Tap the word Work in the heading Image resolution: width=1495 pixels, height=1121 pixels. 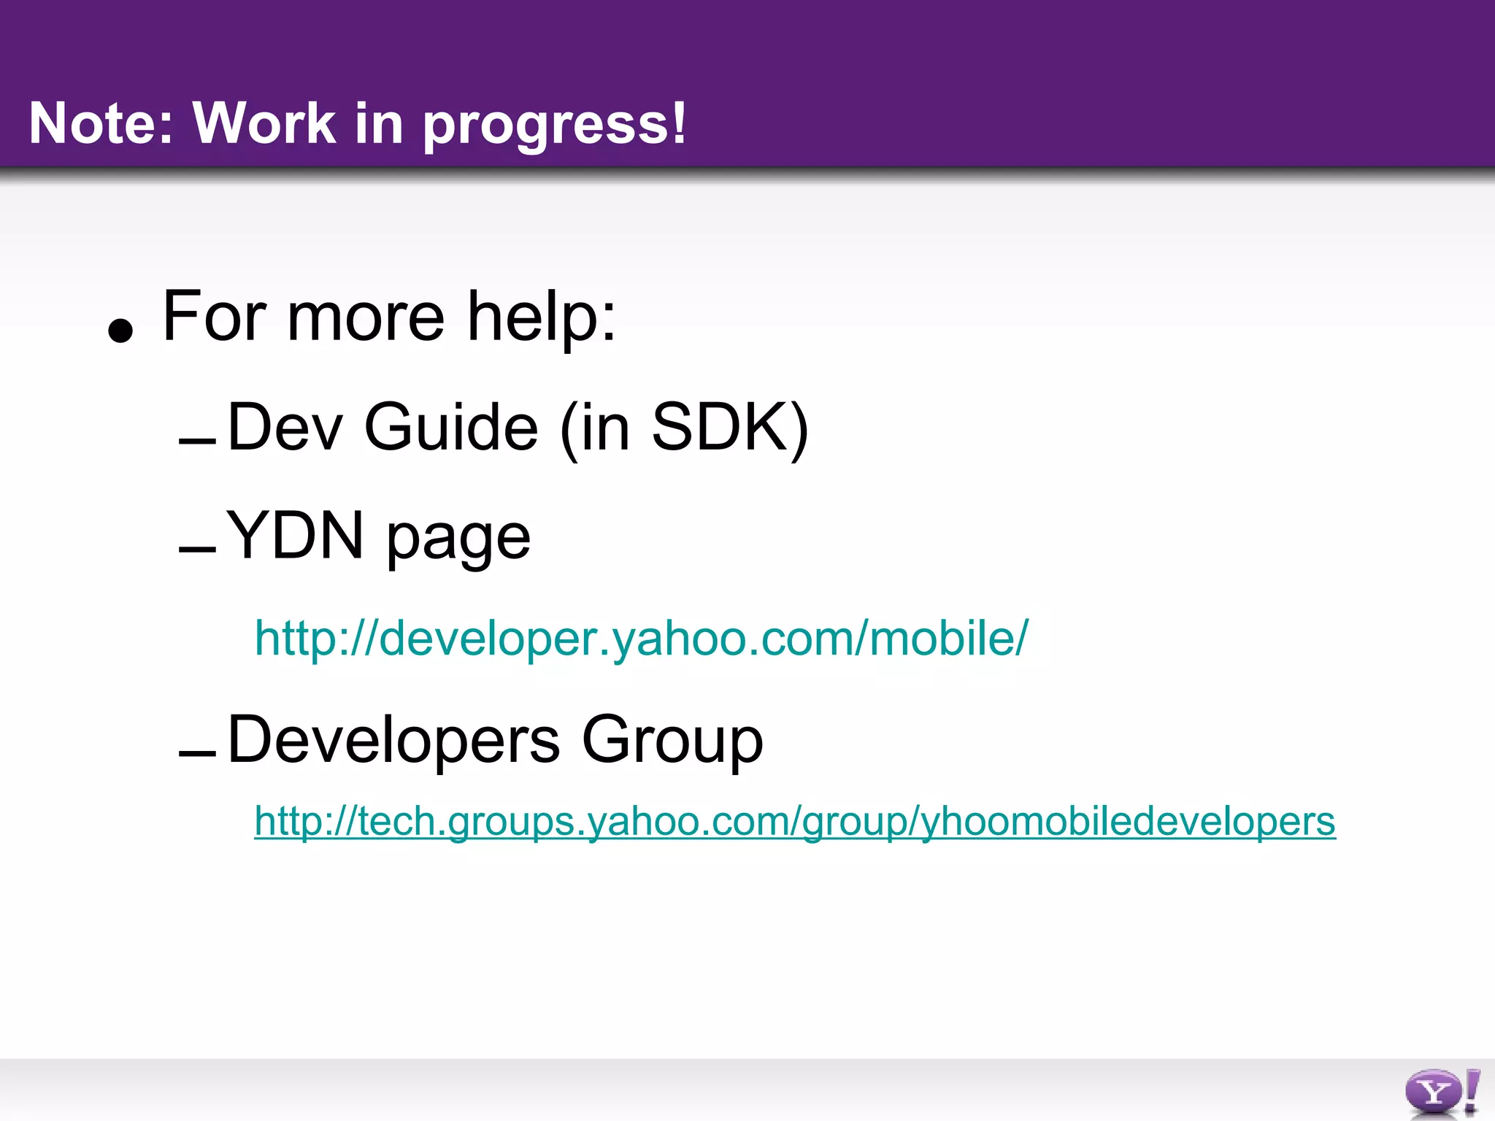pyautogui.click(x=264, y=123)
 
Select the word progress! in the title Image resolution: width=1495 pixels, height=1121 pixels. pyautogui.click(x=555, y=124)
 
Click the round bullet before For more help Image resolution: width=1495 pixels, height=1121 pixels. pyautogui.click(x=120, y=330)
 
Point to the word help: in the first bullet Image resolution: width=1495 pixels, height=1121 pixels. pyautogui.click(x=542, y=317)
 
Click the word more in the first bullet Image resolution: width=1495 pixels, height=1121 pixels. pyautogui.click(x=366, y=318)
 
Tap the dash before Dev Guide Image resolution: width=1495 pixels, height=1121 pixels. pyautogui.click(x=197, y=441)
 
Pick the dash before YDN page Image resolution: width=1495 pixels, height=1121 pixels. pyautogui.click(x=197, y=550)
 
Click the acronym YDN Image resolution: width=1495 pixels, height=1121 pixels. pyautogui.click(x=295, y=536)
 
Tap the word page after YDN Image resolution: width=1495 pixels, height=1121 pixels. pyautogui.click(x=458, y=540)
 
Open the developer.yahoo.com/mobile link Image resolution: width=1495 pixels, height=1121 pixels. pyautogui.click(x=641, y=638)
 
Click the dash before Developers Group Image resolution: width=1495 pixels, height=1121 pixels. pyautogui.click(x=197, y=753)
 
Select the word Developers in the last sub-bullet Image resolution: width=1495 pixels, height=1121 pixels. pyautogui.click(x=393, y=740)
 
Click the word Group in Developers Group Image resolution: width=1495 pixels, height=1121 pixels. pyautogui.click(x=672, y=740)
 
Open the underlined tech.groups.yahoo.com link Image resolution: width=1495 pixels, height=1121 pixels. pyautogui.click(x=794, y=821)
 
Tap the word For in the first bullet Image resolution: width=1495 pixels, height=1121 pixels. pyautogui.click(x=215, y=317)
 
